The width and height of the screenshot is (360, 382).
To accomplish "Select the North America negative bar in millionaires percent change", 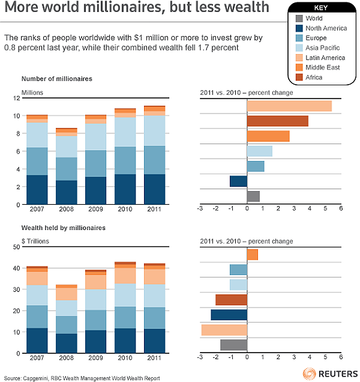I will [x=238, y=181].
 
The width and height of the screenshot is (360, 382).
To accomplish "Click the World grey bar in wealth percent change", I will [x=233, y=345].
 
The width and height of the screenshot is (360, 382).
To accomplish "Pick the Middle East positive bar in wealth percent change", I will [x=252, y=255].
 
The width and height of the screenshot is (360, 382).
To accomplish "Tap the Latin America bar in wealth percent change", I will [x=224, y=330].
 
